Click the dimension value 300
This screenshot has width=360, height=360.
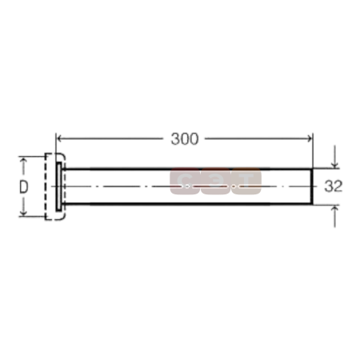pyautogui.click(x=185, y=139)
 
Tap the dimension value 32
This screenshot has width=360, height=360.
pyautogui.click(x=334, y=186)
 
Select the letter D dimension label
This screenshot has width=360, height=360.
pyautogui.click(x=24, y=186)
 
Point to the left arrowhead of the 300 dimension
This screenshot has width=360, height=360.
pyautogui.click(x=60, y=138)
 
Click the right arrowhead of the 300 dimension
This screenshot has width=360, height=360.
pyautogui.click(x=309, y=138)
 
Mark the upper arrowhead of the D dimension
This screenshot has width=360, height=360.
pyautogui.click(x=23, y=161)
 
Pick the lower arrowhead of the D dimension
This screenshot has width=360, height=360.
pyautogui.click(x=23, y=212)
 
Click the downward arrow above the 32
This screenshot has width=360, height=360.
pyautogui.click(x=334, y=157)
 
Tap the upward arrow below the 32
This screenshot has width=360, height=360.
pyautogui.click(x=334, y=217)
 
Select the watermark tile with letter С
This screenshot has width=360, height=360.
pyautogui.click(x=185, y=181)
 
